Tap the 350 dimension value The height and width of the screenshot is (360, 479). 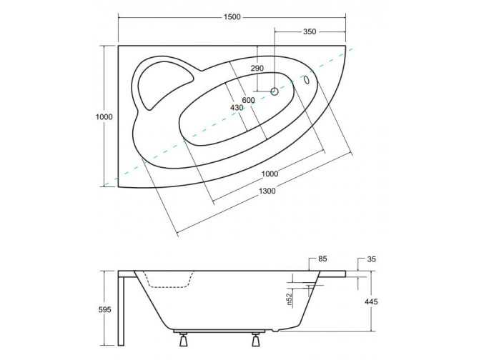click(x=310, y=32)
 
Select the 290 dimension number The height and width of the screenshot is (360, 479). click(x=257, y=68)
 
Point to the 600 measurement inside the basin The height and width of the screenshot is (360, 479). click(x=248, y=100)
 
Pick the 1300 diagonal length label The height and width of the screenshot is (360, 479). click(x=267, y=191)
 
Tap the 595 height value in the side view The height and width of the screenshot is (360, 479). click(x=105, y=309)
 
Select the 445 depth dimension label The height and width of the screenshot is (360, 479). click(x=371, y=301)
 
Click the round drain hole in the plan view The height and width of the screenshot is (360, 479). click(x=275, y=91)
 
